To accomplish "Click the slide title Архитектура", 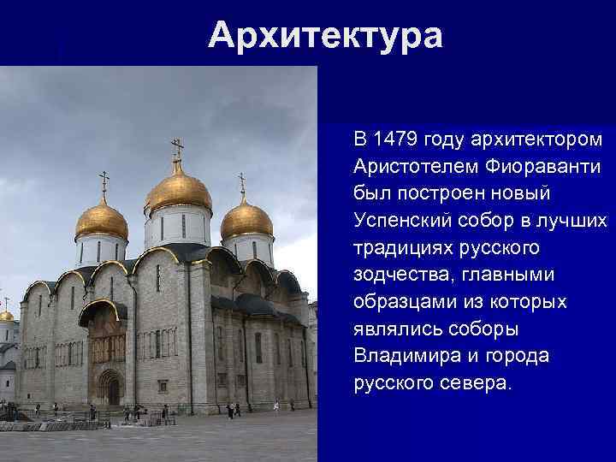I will pos(326,35).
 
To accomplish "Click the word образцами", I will pos(403,301).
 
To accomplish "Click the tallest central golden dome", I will pos(178,189).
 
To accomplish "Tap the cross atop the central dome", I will pos(177,149).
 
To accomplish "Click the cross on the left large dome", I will pos(104,181).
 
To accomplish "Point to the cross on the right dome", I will pos(241,181).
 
